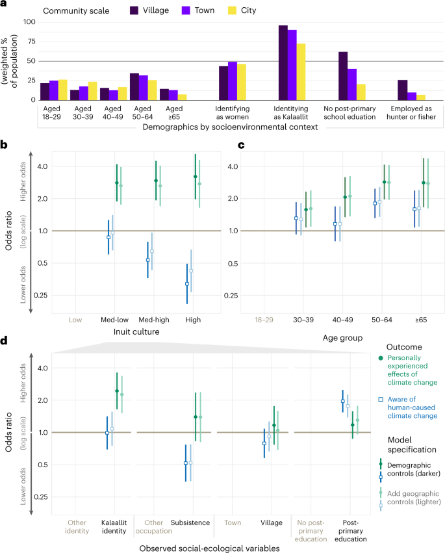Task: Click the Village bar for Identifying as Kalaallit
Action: point(283,62)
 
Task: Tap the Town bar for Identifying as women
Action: point(233,81)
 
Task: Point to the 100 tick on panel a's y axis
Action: point(29,22)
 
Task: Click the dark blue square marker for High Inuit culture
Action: point(187,284)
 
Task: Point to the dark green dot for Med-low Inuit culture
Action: point(117,183)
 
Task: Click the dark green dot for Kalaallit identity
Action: point(117,391)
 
